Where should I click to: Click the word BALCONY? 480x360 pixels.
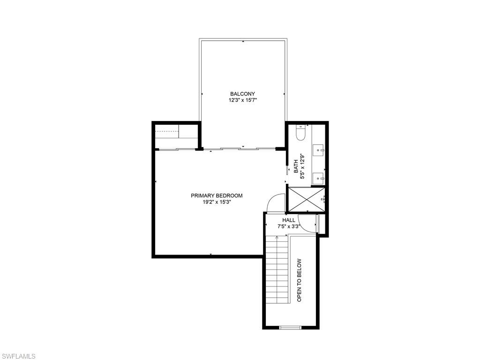click(242, 94)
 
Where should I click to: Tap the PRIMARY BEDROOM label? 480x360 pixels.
click(217, 195)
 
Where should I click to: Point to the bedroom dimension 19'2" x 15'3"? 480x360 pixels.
click(217, 202)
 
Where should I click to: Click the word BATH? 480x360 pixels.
click(296, 166)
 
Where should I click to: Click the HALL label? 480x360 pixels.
click(289, 220)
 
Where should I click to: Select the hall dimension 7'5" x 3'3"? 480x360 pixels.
click(289, 226)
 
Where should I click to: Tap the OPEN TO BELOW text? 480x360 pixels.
click(300, 280)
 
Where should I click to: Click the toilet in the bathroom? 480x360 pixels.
click(301, 135)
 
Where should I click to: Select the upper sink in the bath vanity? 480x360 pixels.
click(319, 150)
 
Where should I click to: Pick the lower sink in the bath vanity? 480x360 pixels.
click(319, 178)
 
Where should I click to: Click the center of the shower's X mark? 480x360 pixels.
click(306, 199)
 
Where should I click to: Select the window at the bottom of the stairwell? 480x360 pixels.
click(290, 327)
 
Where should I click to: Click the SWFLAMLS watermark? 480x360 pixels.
click(18, 356)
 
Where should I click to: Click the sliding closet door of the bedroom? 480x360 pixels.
click(176, 149)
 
